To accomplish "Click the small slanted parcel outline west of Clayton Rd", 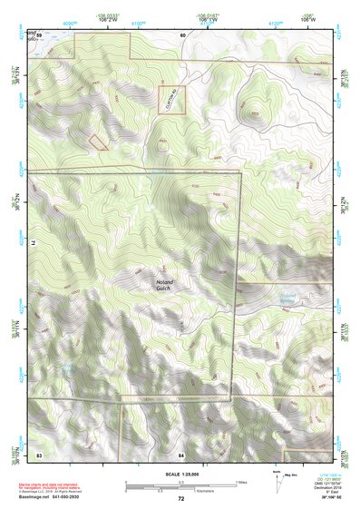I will tap(97, 141).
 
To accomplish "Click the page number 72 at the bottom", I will tap(180, 499).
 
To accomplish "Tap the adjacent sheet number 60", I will tap(182, 34).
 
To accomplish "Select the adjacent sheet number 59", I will tap(40, 34).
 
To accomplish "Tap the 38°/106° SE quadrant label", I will tap(318, 498).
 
